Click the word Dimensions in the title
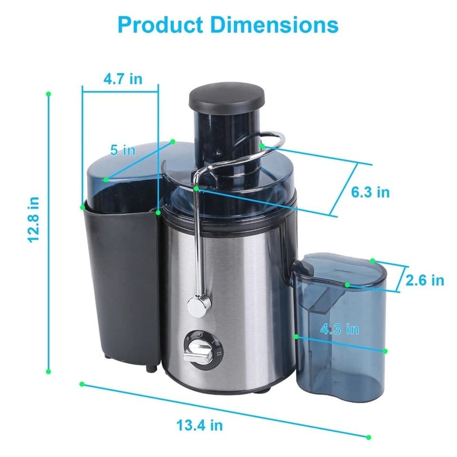[x=275, y=25]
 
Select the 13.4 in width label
[x=199, y=425]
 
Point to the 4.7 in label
[x=123, y=79]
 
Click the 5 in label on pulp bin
[x=122, y=150]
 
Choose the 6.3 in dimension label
[x=370, y=192]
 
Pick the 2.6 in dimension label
[x=424, y=280]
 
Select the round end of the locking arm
[x=198, y=306]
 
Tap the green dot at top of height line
[x=49, y=93]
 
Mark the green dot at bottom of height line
[x=49, y=371]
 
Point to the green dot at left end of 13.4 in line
[x=82, y=384]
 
